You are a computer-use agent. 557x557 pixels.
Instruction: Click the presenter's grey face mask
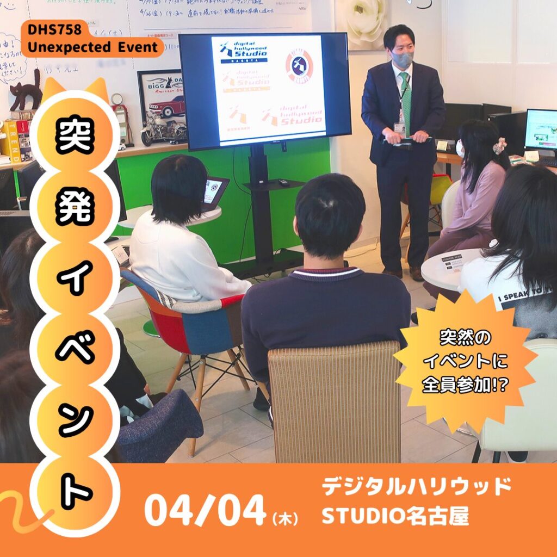403,58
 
